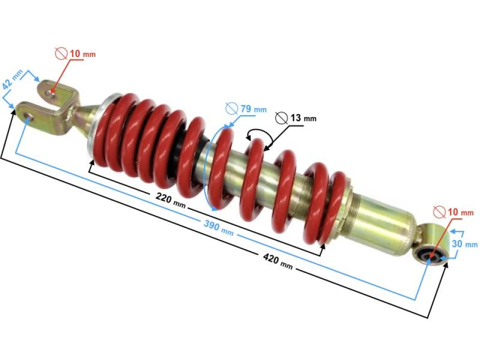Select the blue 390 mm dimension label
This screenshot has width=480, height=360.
point(218,228)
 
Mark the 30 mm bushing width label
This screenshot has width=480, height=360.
point(464,244)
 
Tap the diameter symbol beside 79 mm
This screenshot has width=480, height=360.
point(231,107)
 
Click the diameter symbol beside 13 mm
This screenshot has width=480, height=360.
point(281,117)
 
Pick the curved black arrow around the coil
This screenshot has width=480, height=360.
point(260,134)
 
